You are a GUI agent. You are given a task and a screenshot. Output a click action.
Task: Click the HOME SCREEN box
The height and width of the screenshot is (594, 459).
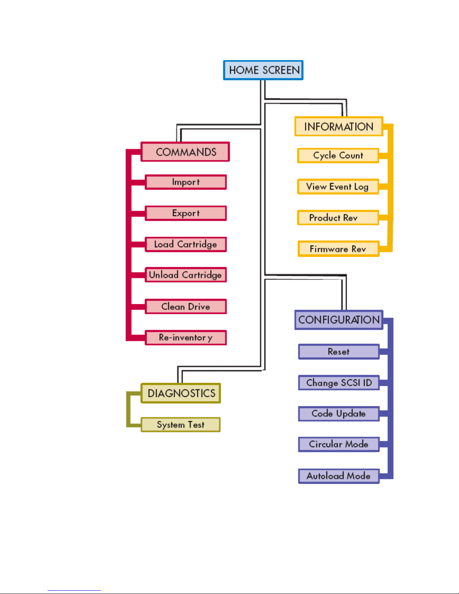pos(263,70)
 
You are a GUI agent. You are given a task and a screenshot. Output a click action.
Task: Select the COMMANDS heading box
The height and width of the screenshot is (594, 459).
pos(185,152)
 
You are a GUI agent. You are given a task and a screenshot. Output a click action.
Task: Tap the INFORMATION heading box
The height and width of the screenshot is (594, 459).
pos(339,126)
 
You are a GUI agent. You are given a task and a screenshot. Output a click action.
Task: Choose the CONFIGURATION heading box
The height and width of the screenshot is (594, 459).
pos(339,320)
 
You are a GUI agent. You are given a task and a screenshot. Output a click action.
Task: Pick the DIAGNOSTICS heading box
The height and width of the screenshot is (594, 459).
pos(181,393)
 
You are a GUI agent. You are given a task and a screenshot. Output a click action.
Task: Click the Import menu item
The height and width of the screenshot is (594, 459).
pos(186,182)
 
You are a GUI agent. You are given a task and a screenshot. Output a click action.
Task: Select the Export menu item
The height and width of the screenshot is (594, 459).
pos(186,213)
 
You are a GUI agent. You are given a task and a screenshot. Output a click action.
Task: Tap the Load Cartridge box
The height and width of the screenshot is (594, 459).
pos(186,244)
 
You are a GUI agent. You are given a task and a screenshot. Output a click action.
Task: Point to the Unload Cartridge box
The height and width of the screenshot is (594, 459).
pos(186,275)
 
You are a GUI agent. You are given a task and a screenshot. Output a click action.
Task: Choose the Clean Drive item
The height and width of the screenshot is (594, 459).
pos(186,307)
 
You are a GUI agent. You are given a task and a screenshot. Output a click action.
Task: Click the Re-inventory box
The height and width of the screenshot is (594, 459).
pos(186,338)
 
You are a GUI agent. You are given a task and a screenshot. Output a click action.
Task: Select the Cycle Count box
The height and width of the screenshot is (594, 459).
pos(338,156)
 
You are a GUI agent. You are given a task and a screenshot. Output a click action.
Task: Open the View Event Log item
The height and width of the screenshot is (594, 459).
pos(338,187)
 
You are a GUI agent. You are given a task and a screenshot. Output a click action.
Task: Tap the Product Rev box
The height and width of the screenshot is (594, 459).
pos(338,218)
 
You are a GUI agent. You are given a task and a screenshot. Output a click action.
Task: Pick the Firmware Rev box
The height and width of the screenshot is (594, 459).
pos(338,249)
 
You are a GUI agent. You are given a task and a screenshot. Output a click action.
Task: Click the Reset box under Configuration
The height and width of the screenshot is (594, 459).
pos(339,352)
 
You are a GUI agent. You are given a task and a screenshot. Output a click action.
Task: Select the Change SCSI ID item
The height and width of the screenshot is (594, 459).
pos(339,383)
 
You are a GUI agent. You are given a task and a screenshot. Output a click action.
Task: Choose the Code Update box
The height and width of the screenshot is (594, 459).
pos(339,414)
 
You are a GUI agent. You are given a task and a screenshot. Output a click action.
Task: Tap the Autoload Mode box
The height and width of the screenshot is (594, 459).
pos(339,476)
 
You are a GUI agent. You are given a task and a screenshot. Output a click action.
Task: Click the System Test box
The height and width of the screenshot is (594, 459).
pos(181,425)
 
